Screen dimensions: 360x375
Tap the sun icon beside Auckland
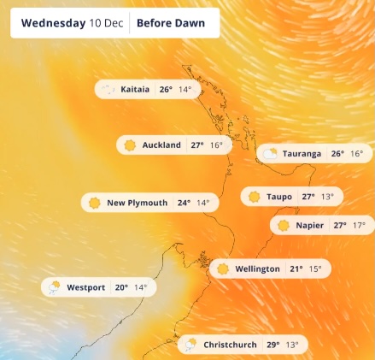click(x=130, y=145)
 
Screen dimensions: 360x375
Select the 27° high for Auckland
click(x=197, y=145)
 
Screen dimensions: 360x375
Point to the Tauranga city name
click(x=302, y=154)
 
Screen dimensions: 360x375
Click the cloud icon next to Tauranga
click(x=270, y=154)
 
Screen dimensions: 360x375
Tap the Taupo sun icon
click(x=254, y=197)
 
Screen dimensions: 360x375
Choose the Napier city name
click(x=310, y=226)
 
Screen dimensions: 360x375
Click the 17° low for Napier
click(x=359, y=226)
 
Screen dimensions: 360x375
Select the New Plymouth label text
click(x=137, y=203)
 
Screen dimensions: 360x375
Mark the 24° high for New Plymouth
click(x=184, y=203)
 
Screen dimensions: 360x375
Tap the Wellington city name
click(x=257, y=269)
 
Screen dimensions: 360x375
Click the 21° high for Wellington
click(x=296, y=269)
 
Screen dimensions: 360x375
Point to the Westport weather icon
click(x=54, y=287)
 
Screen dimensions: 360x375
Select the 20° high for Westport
click(x=121, y=287)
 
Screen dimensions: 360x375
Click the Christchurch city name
click(x=230, y=345)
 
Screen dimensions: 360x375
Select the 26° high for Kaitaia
click(x=166, y=89)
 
